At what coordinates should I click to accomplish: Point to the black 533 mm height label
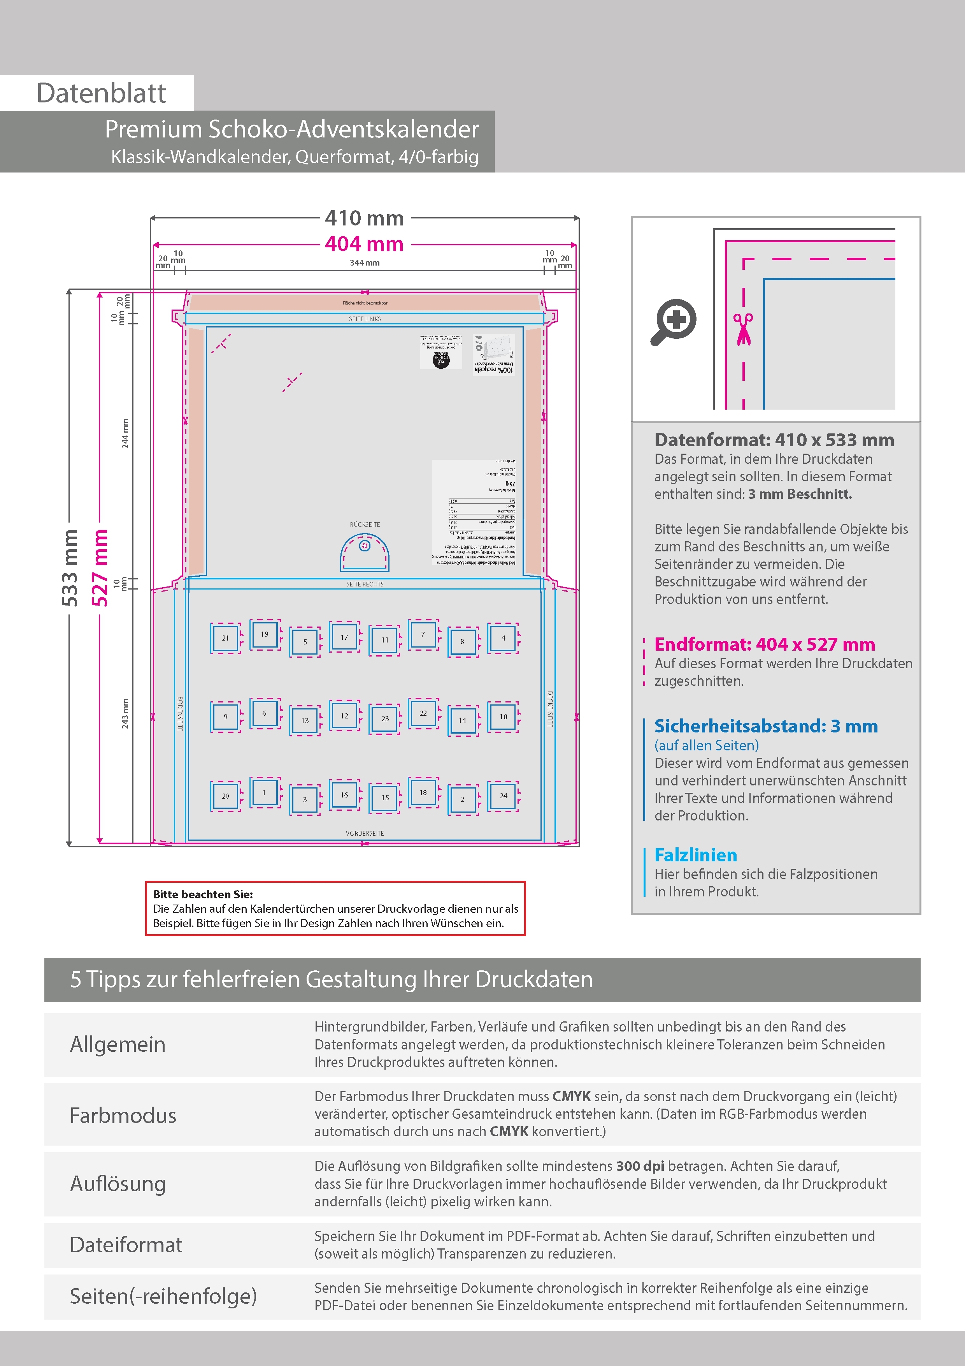[x=70, y=568]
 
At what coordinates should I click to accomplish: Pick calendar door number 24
[x=503, y=796]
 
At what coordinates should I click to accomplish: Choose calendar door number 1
[x=265, y=792]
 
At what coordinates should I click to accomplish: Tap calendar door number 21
[x=225, y=638]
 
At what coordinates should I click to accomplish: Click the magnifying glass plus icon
[x=674, y=322]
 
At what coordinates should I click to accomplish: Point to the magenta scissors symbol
[x=743, y=329]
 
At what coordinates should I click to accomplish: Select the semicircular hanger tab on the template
[x=365, y=553]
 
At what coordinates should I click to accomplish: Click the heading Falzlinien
[x=696, y=855]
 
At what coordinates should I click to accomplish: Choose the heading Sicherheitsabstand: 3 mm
[x=766, y=726]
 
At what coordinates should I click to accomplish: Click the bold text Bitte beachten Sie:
[x=203, y=894]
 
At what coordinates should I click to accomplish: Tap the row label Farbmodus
[x=123, y=1116]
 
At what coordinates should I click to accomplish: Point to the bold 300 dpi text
[x=640, y=1166]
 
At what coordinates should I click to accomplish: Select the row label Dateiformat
[x=126, y=1245]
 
